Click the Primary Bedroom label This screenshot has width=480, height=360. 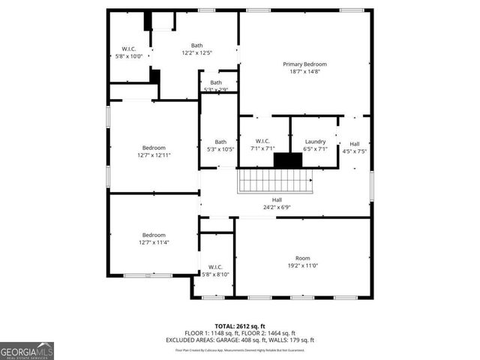point(304,64)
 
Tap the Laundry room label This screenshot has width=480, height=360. point(315,141)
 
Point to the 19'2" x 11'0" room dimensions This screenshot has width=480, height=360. point(302,265)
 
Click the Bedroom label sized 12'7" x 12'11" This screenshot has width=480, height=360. point(154,148)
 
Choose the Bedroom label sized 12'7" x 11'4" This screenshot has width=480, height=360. point(154,235)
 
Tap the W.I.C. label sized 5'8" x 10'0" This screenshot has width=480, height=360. point(124,49)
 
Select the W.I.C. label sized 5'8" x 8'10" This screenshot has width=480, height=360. point(215,267)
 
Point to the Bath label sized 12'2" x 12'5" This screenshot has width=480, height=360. point(197,45)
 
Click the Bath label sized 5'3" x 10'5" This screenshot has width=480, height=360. point(220,142)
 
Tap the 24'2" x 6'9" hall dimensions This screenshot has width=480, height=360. point(277,207)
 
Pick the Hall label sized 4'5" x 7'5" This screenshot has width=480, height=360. point(354,144)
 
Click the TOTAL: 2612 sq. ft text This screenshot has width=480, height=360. point(240,325)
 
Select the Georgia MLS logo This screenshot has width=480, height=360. point(27,350)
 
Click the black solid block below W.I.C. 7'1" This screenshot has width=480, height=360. point(286,160)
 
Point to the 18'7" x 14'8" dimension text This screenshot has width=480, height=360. point(304,72)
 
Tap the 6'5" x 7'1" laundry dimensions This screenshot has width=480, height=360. point(315,148)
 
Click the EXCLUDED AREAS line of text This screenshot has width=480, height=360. point(240,340)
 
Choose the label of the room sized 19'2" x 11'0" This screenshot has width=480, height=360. point(302,258)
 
